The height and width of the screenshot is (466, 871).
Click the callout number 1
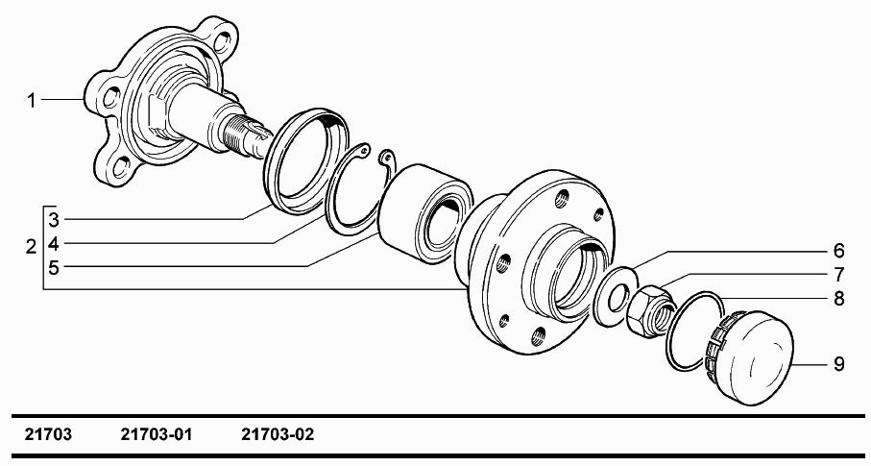pos(32,101)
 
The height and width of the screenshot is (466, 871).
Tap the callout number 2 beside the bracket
pos(31,246)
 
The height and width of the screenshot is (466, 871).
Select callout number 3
pos(54,220)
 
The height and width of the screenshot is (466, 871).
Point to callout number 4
pos(54,243)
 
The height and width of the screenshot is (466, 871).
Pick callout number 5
pos(54,267)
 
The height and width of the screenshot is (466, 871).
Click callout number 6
pos(838,251)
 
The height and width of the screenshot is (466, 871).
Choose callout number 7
pos(838,274)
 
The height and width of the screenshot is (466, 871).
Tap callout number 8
pos(838,299)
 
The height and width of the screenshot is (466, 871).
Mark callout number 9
pos(838,364)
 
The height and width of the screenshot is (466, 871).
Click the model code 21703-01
pos(157,434)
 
